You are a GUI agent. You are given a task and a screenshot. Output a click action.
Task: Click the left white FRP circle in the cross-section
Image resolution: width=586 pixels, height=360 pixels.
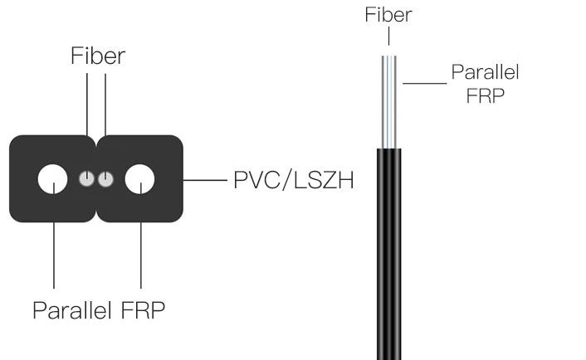coord(53,178)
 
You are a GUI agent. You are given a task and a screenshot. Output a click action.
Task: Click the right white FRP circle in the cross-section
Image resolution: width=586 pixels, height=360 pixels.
coord(140,178)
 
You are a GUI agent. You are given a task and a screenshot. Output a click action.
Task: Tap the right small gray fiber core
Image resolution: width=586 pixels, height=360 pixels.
coord(105,178)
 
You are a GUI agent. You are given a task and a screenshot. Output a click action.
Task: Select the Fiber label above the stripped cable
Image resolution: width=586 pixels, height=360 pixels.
coord(388,14)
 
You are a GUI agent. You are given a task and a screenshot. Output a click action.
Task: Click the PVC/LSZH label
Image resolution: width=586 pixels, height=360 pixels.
coord(292,179)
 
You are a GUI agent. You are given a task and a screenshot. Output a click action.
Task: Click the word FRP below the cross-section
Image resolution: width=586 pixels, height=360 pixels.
coord(143,311)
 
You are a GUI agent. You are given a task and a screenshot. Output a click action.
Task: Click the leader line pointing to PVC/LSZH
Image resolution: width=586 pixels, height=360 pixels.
coord(204,179)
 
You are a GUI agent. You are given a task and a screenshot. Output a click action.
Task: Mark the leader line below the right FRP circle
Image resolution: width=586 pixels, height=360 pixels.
coord(140,249)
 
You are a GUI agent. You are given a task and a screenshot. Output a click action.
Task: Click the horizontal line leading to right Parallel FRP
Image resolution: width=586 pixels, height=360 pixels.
coord(422,82)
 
